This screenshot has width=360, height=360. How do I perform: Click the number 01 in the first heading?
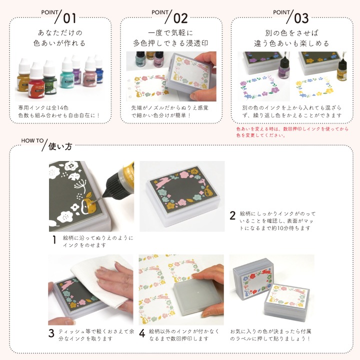pyautogui.click(x=69, y=18)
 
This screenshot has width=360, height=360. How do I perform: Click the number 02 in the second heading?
pyautogui.click(x=180, y=18)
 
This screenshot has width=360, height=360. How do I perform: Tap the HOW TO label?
pyautogui.click(x=33, y=140)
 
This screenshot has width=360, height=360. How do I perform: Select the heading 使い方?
pyautogui.click(x=60, y=147)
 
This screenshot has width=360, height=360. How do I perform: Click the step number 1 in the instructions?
pyautogui.click(x=54, y=240)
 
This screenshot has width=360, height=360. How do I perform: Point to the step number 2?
pyautogui.click(x=232, y=216)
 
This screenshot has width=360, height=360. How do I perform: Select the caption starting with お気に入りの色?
pyautogui.click(x=270, y=335)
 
